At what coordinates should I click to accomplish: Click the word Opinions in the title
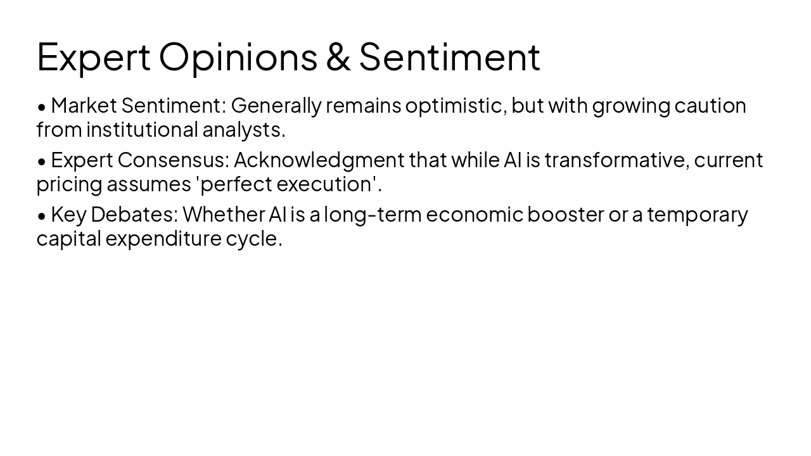238,57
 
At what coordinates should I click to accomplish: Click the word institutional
142,129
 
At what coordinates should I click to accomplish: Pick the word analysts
243,129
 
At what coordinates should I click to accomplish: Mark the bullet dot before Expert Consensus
42,161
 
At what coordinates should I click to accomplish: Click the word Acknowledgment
319,160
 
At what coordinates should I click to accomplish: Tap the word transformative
616,160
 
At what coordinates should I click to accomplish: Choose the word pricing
69,184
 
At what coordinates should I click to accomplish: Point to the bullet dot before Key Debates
42,216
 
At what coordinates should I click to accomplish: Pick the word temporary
697,215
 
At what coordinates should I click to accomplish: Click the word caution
710,105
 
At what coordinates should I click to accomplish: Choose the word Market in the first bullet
84,105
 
